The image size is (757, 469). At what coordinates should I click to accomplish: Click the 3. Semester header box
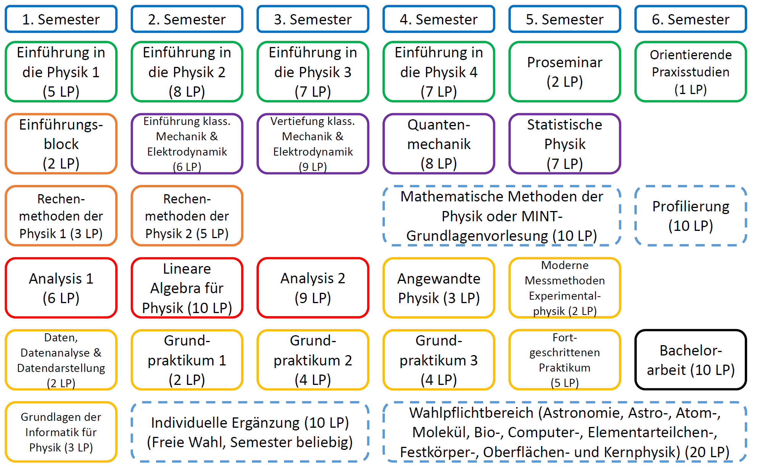pyautogui.click(x=313, y=19)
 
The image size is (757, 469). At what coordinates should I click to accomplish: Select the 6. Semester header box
pyautogui.click(x=691, y=19)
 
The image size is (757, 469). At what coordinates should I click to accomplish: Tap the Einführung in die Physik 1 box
pyautogui.click(x=61, y=72)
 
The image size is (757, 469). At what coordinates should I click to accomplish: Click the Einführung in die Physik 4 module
pyautogui.click(x=439, y=72)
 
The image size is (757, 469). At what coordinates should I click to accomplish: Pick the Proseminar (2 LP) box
pyautogui.click(x=565, y=72)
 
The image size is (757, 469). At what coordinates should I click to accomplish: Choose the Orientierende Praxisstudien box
pyautogui.click(x=691, y=72)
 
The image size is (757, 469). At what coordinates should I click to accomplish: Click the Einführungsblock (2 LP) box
pyautogui.click(x=61, y=144)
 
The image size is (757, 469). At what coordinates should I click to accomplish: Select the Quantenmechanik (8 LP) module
pyautogui.click(x=439, y=144)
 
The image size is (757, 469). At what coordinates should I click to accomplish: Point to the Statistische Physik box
pyautogui.click(x=565, y=144)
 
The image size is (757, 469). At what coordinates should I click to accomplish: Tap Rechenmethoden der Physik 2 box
pyautogui.click(x=187, y=216)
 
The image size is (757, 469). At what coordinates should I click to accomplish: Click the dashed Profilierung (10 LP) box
pyautogui.click(x=691, y=216)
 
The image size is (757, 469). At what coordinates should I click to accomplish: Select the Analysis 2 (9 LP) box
pyautogui.click(x=313, y=288)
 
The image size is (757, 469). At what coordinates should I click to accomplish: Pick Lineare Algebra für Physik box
pyautogui.click(x=187, y=288)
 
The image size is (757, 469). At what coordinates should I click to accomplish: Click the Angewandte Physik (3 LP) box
pyautogui.click(x=439, y=288)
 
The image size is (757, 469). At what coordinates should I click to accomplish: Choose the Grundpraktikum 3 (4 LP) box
pyautogui.click(x=439, y=360)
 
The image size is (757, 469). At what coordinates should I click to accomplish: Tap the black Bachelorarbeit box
pyautogui.click(x=691, y=360)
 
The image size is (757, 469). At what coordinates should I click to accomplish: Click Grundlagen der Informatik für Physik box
pyautogui.click(x=61, y=432)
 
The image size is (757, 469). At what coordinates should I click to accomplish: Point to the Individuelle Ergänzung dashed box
pyautogui.click(x=250, y=432)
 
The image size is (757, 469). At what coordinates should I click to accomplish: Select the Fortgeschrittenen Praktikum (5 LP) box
pyautogui.click(x=565, y=360)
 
